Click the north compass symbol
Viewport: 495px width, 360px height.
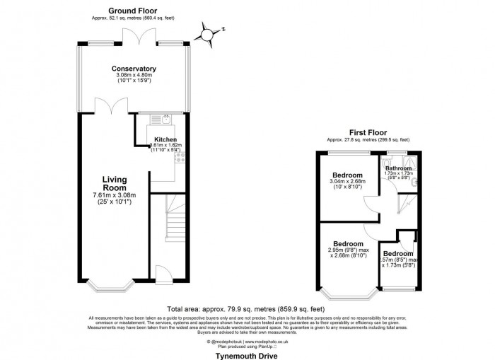(208, 33)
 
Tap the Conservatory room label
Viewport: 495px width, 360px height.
(134, 69)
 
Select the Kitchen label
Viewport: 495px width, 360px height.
(165, 139)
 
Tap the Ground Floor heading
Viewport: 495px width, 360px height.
(134, 11)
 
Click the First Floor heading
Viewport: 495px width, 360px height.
(366, 132)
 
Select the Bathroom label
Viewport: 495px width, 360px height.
(398, 168)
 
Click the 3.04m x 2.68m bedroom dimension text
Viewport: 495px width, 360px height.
(348, 182)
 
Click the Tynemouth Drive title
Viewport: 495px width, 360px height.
(247, 349)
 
